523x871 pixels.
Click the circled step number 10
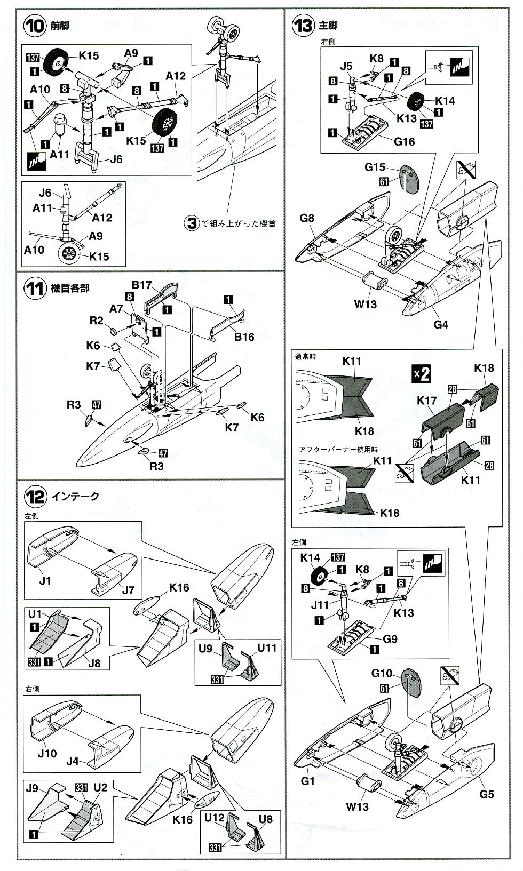(x=36, y=27)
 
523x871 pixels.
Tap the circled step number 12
(x=36, y=497)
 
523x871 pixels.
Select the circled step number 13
(x=303, y=25)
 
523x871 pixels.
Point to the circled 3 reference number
(x=192, y=223)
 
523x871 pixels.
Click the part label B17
(x=142, y=285)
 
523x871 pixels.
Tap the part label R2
(x=96, y=321)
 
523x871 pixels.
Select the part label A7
(x=117, y=309)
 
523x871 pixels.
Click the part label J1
(x=45, y=580)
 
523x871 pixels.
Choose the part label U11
(x=267, y=648)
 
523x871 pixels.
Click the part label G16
(x=404, y=142)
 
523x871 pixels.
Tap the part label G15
(x=375, y=167)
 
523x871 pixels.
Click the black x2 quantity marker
(x=422, y=373)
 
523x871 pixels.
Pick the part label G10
(x=382, y=673)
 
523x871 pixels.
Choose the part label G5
(x=486, y=794)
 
